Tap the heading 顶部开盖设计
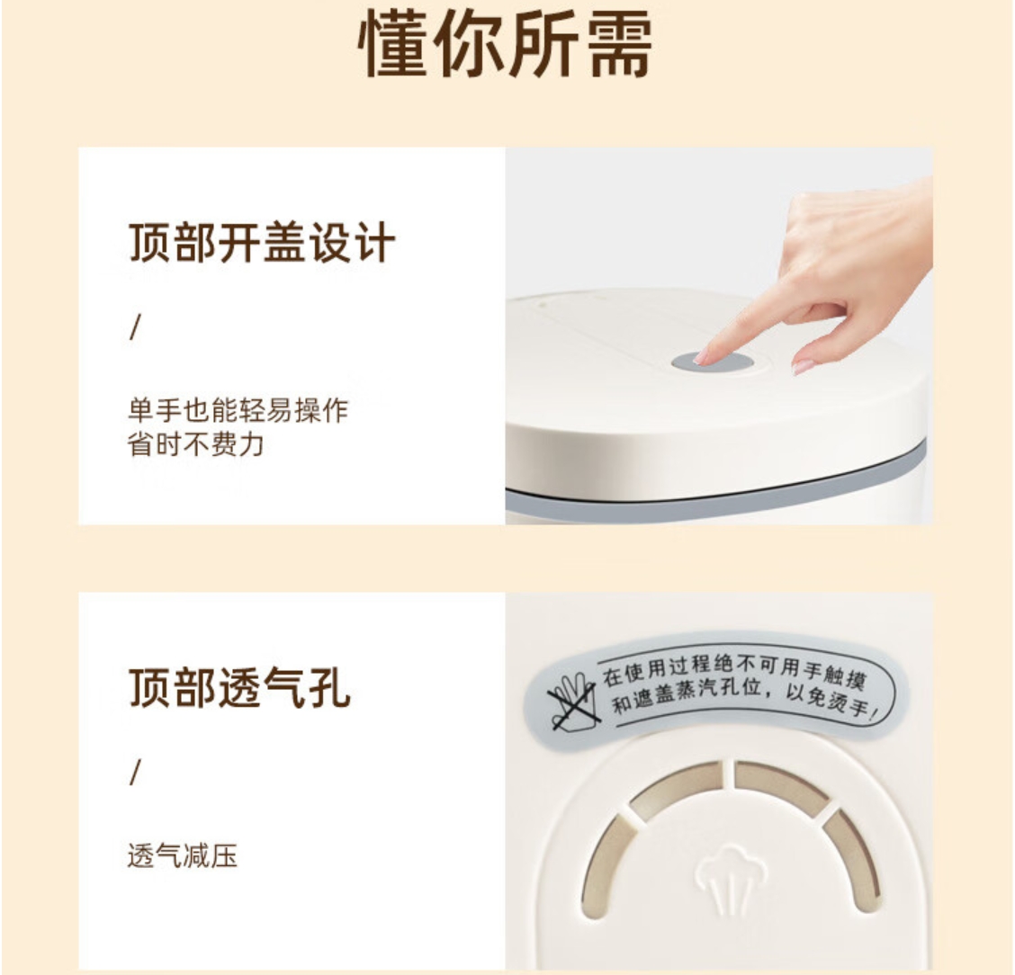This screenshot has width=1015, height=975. pos(262,243)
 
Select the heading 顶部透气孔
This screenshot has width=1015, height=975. pos(239,688)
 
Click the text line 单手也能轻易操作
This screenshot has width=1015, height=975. pos(238,410)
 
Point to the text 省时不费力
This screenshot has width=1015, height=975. pos(196,444)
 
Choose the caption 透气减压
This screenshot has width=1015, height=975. pos(183,855)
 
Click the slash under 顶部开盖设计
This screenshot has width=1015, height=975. pos(135,326)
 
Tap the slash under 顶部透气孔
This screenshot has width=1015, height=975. pos(135,772)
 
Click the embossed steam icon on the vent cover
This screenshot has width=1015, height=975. pos(730,877)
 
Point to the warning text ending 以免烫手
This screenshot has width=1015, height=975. pos(831,702)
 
